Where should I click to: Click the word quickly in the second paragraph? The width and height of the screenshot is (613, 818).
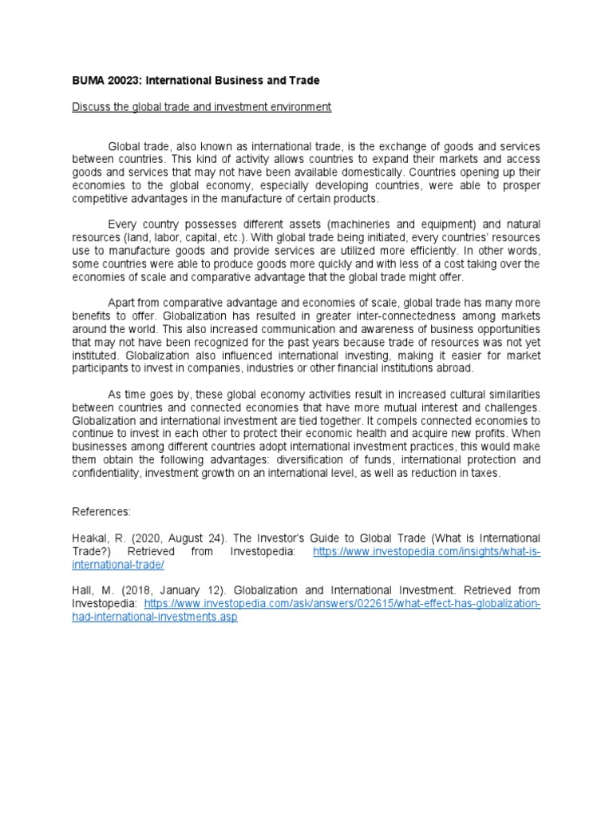[x=290, y=264]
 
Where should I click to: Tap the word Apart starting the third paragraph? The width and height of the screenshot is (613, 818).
[x=122, y=303]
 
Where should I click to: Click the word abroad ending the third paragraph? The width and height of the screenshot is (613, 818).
[x=455, y=368]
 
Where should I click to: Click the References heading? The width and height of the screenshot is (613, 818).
[x=101, y=512]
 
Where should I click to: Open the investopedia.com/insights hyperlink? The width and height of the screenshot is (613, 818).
[x=426, y=551]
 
